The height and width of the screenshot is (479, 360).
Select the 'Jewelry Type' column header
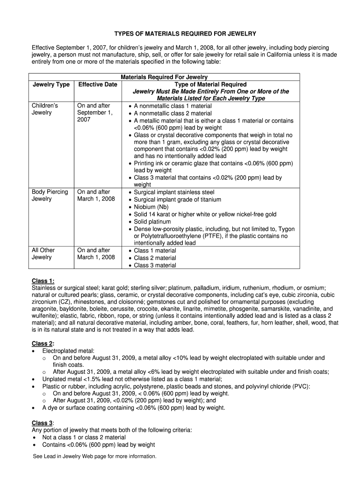[x=51, y=84]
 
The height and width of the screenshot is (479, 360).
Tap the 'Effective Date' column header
[x=97, y=84]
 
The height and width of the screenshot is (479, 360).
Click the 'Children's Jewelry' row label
[x=45, y=109]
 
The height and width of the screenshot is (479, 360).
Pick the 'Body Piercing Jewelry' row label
[x=50, y=195]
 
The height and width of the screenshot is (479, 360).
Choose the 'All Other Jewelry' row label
[x=43, y=254]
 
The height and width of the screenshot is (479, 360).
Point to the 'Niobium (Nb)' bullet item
[x=151, y=207]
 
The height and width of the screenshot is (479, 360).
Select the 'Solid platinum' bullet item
[x=152, y=221]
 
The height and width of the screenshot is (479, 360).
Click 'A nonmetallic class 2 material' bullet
[x=173, y=113]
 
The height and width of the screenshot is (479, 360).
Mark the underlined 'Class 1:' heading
[x=43, y=281]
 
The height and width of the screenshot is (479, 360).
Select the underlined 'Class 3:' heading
[x=43, y=423]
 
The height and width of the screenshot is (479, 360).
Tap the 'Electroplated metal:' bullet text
[x=68, y=350]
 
